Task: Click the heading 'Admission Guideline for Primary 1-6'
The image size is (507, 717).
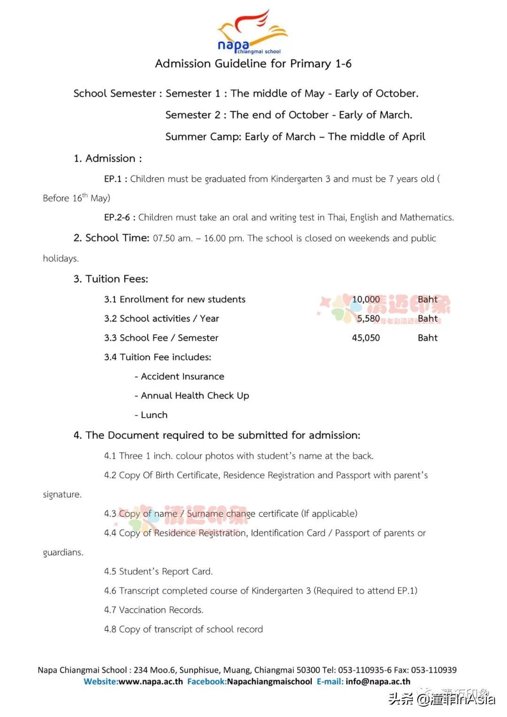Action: [253, 64]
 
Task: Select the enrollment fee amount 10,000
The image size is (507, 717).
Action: [366, 300]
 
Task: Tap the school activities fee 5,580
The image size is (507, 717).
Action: [368, 319]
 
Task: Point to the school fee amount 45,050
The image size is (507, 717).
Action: [366, 338]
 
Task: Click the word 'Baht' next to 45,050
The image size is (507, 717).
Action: [427, 338]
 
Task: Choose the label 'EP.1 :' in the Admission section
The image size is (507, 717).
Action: [115, 179]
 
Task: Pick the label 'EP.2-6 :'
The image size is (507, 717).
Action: [120, 217]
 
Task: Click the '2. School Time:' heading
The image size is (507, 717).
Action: [111, 238]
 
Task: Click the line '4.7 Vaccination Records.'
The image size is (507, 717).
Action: [154, 610]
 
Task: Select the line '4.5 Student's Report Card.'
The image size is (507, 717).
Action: [158, 571]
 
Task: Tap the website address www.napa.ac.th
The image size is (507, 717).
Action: [151, 681]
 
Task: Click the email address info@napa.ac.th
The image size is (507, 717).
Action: [378, 681]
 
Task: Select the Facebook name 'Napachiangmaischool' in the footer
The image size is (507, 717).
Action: [269, 681]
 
